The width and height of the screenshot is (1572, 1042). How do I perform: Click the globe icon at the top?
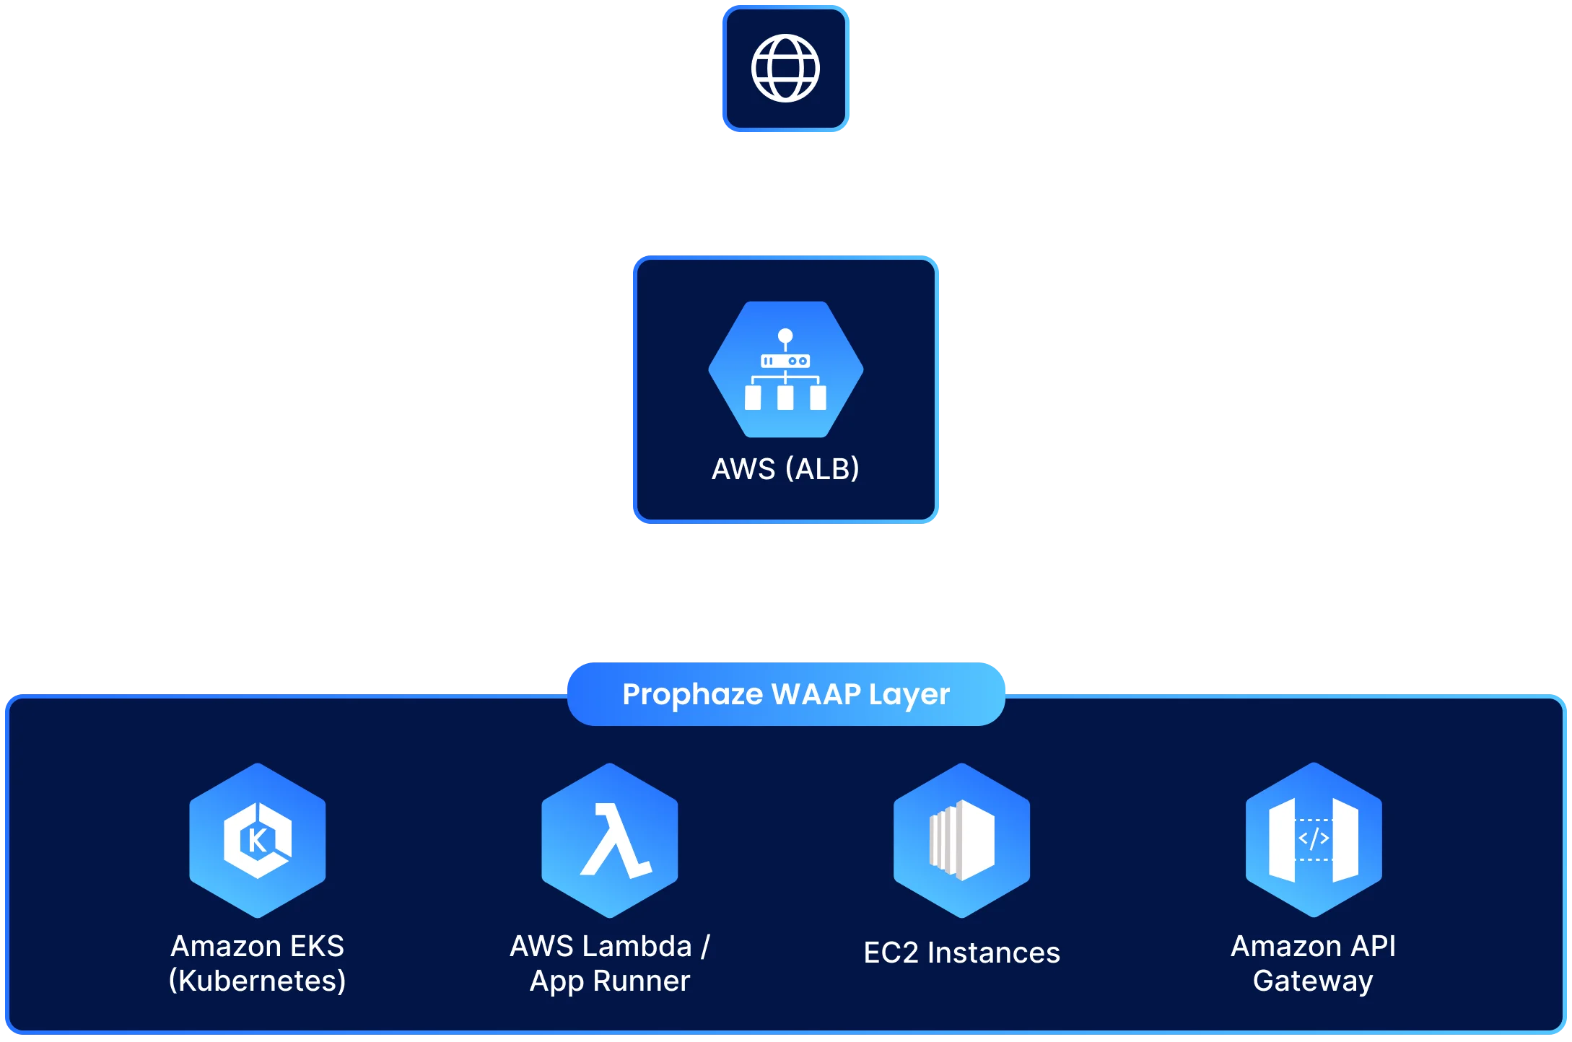(785, 69)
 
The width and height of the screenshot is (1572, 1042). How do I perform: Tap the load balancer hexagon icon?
(785, 369)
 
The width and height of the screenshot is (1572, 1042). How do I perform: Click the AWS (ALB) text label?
(785, 469)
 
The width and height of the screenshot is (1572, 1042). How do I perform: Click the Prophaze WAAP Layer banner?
(785, 694)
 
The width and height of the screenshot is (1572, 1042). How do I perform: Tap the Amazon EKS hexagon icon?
(258, 841)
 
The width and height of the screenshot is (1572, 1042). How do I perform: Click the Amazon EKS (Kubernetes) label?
(258, 963)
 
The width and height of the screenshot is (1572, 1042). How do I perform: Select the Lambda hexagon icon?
(610, 841)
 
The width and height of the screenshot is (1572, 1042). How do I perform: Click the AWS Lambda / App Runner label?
(610, 963)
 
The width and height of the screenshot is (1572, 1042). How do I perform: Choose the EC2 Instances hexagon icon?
(961, 841)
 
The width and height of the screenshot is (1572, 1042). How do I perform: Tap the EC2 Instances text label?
(961, 953)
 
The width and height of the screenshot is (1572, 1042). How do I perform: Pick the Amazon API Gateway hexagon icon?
(1314, 841)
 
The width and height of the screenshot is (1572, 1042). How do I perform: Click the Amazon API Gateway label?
(1314, 963)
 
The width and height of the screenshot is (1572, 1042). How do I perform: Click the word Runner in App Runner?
(641, 981)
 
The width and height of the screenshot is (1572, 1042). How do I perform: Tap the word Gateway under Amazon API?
(1314, 981)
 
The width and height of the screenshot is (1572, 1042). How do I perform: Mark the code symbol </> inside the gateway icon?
(1314, 839)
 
